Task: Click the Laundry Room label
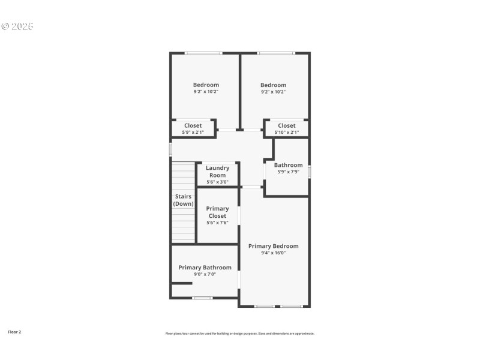pyautogui.click(x=217, y=172)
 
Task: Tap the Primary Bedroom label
pyautogui.click(x=273, y=246)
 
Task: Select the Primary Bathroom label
pyautogui.click(x=205, y=268)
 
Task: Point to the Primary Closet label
pyautogui.click(x=217, y=212)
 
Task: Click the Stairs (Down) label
pyautogui.click(x=183, y=200)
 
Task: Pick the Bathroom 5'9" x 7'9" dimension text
pyautogui.click(x=288, y=172)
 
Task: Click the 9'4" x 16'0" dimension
pyautogui.click(x=273, y=253)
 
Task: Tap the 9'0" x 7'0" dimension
pyautogui.click(x=205, y=274)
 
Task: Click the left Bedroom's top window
pyautogui.click(x=203, y=53)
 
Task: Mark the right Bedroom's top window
pyautogui.click(x=275, y=53)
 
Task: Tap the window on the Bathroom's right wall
pyautogui.click(x=310, y=172)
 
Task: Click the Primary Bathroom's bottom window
pyautogui.click(x=202, y=298)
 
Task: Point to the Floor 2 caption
pyautogui.click(x=14, y=332)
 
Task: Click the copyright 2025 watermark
pyautogui.click(x=17, y=26)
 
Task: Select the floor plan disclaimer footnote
pyautogui.click(x=240, y=334)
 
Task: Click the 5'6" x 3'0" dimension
pyautogui.click(x=217, y=182)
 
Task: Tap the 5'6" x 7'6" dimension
pyautogui.click(x=217, y=223)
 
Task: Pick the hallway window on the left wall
pyautogui.click(x=170, y=149)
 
